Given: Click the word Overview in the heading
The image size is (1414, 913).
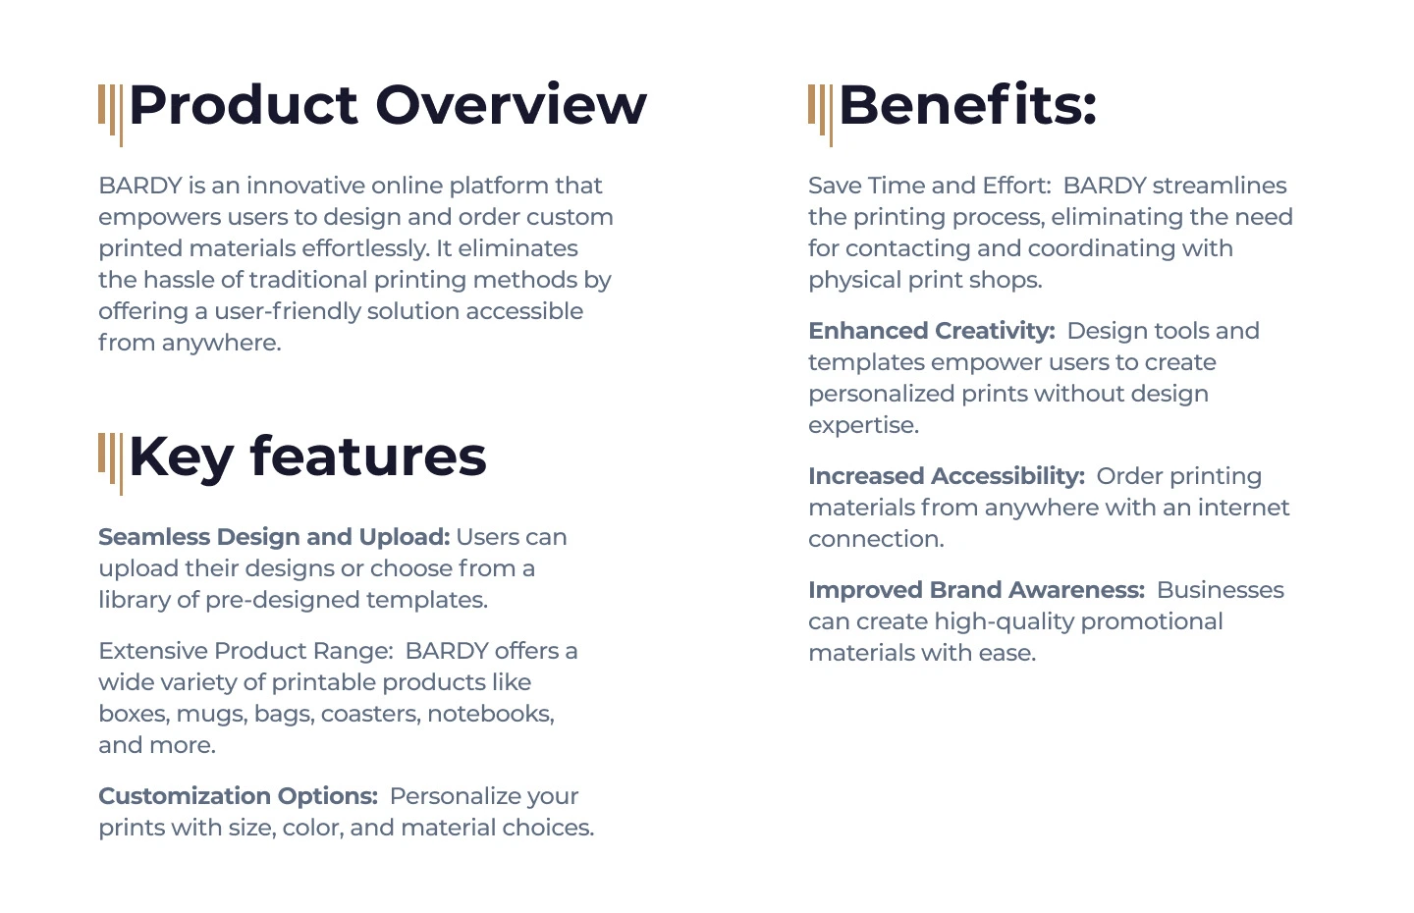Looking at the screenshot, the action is tap(511, 105).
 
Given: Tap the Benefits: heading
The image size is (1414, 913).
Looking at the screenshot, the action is tap(968, 105).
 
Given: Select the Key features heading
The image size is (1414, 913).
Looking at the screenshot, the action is tap(307, 456).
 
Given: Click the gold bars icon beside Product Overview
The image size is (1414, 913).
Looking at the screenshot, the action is tap(110, 115).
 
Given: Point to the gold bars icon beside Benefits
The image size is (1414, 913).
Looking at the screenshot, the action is tap(820, 115).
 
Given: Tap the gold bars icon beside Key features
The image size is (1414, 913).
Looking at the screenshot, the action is tap(110, 463).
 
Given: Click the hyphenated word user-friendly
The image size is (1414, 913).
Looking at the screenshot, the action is tap(288, 311).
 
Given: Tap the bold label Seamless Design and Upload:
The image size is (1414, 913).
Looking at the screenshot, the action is tap(274, 537).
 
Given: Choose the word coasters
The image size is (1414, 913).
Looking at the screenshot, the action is tap(370, 715).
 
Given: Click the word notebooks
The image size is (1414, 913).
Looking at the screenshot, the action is tap(491, 715).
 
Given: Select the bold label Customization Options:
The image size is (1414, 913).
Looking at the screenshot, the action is tap(238, 796).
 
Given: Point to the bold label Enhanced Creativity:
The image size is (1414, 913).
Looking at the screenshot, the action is tap(932, 331).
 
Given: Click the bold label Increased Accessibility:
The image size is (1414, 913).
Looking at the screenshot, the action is tap(947, 476).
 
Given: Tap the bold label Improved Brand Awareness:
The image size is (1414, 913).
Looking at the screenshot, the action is tap(976, 590).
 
